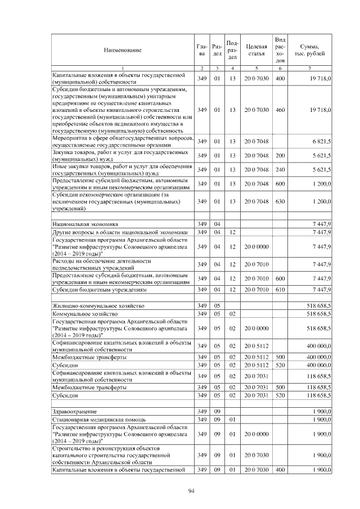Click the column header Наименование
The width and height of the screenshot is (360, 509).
(x=122, y=50)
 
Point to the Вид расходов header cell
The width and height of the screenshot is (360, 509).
(x=280, y=49)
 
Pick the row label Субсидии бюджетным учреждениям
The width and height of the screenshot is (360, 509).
(x=100, y=290)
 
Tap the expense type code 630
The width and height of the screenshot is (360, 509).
(x=280, y=201)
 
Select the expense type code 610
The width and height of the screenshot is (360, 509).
(x=280, y=290)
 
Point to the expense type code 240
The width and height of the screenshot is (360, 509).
(x=280, y=169)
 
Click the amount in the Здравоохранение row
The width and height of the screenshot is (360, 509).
(x=322, y=412)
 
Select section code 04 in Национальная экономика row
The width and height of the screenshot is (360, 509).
(x=217, y=224)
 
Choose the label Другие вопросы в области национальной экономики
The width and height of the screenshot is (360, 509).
(x=120, y=232)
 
